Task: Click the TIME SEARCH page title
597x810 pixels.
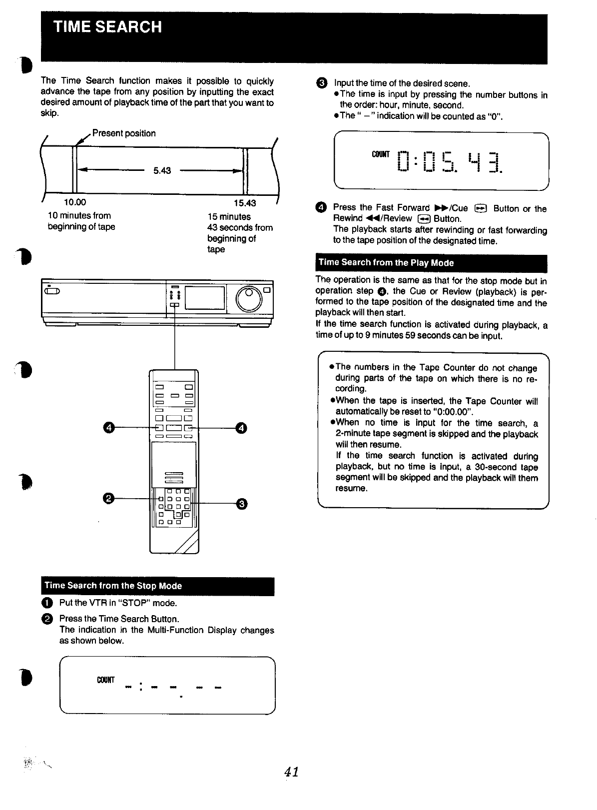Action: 108,26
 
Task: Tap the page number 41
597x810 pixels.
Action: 291,772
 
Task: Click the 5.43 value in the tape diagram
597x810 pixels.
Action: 162,171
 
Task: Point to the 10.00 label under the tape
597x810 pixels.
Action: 75,202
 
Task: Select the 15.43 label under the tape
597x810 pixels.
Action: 245,203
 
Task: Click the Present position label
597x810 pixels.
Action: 124,133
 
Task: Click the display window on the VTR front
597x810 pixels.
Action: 205,298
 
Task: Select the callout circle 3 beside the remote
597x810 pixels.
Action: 241,503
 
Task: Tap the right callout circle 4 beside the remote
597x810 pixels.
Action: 241,428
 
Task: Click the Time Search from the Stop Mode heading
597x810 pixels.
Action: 113,586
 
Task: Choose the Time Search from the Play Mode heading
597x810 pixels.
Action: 386,263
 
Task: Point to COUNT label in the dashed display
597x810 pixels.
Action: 106,680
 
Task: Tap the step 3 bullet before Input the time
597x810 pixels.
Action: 322,83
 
